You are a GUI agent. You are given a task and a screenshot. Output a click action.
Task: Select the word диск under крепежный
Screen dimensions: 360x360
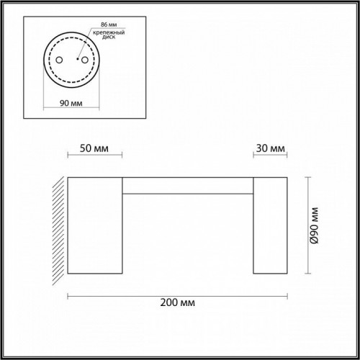coord(100,41)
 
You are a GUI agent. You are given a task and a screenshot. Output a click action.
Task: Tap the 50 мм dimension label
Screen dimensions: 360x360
coord(94,149)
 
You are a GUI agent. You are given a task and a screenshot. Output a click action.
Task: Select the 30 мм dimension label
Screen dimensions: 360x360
coord(269,149)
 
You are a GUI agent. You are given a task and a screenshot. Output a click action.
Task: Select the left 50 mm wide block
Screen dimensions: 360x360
coord(94,225)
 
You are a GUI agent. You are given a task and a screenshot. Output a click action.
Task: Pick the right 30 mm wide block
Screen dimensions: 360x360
coord(270,225)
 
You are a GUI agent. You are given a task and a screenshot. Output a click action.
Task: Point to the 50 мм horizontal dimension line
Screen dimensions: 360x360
coord(94,156)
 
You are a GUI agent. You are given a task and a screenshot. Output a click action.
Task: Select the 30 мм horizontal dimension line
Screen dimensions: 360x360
coord(270,156)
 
